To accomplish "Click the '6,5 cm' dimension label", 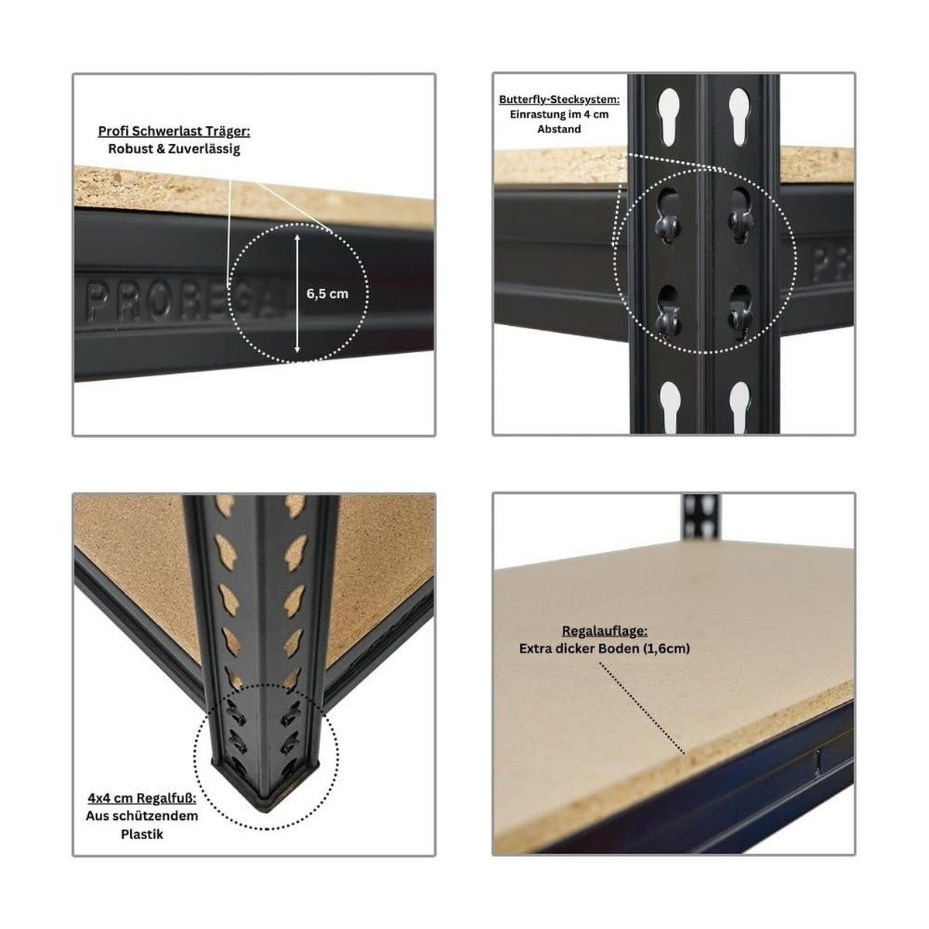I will point(327,294).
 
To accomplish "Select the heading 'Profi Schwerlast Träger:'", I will point(174,132).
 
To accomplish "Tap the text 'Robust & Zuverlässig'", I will point(174,149).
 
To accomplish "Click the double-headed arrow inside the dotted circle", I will point(297,293).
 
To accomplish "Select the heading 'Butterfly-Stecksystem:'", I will point(559,100).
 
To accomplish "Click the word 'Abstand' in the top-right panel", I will point(559,129).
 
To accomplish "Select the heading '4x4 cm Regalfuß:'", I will point(142,798).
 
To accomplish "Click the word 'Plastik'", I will point(142,835).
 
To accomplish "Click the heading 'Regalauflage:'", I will point(605,631).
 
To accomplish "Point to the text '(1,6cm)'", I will point(664,649).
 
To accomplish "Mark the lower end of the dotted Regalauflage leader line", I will point(684,752).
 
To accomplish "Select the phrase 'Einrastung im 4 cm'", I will point(559,115).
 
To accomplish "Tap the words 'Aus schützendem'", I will point(142,816).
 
